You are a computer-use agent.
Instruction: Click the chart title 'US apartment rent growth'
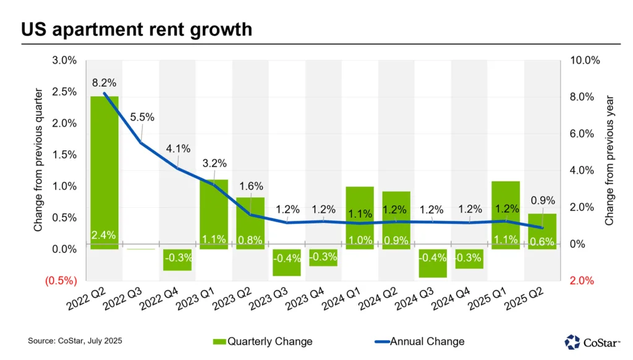coord(137,29)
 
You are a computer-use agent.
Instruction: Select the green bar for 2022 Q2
coord(104,167)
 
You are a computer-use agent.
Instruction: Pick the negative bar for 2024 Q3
coord(433,264)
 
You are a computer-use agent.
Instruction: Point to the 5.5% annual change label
coord(142,117)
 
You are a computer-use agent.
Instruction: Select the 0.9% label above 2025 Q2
coord(543,200)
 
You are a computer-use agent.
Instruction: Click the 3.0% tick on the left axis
coord(64,61)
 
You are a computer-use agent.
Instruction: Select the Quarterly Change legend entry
coord(263,341)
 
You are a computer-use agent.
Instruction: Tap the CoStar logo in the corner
coord(593,341)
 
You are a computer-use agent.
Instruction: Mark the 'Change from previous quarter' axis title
coord(38,160)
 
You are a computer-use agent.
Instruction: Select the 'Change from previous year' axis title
coord(609,160)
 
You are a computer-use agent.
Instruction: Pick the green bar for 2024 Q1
coord(360,210)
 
